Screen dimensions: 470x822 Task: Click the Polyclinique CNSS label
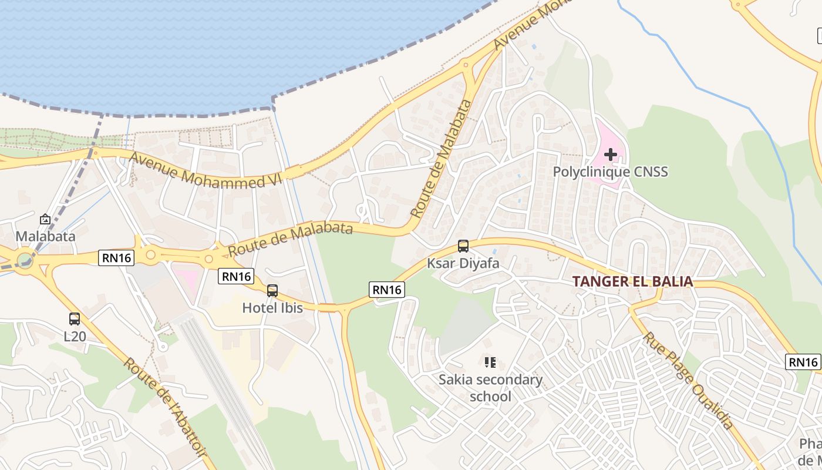pos(611,172)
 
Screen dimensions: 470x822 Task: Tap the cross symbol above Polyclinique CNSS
pos(611,155)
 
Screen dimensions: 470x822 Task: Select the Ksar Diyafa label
pos(463,263)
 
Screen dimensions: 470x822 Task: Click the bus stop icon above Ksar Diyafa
pos(463,246)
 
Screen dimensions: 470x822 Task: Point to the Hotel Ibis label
pos(272,307)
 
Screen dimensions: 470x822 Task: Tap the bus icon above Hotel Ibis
pos(272,290)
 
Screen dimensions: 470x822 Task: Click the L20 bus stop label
pos(75,337)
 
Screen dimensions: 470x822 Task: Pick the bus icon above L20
pos(75,319)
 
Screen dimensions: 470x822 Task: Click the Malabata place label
pos(45,236)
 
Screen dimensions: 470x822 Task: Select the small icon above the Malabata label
pos(45,219)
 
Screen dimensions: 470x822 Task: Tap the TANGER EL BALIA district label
pos(633,281)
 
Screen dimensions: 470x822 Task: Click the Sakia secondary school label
pos(491,388)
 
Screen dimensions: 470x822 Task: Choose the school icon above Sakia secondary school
pos(490,362)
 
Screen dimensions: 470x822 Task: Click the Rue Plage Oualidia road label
pos(688,381)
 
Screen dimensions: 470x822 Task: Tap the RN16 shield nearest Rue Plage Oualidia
pos(803,362)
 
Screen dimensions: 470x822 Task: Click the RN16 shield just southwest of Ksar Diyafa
pos(387,289)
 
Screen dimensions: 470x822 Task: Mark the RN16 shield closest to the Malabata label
pos(116,257)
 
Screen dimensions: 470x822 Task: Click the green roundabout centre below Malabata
pos(25,258)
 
